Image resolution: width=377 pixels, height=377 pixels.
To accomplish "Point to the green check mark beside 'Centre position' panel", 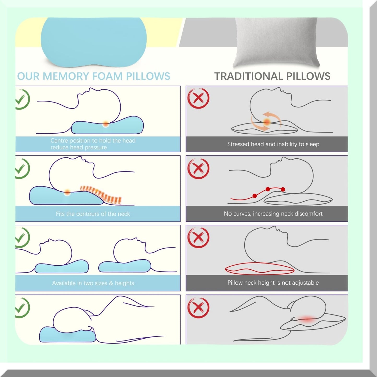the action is click(x=22, y=99).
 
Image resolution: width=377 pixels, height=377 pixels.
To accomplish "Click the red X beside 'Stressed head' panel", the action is click(x=198, y=98).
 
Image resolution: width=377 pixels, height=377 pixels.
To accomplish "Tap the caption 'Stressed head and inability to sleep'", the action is click(x=273, y=144).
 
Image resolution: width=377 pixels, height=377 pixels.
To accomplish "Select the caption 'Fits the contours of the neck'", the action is click(x=93, y=214).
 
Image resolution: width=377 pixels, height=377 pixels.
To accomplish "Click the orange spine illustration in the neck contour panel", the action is click(x=101, y=194).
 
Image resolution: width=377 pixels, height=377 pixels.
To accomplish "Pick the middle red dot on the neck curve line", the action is click(x=268, y=189).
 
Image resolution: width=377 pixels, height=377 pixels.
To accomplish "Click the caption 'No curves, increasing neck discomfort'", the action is click(x=273, y=213).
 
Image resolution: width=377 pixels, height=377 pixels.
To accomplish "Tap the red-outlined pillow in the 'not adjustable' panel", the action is click(x=260, y=268).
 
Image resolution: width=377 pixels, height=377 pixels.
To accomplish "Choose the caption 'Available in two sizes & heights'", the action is click(x=93, y=283).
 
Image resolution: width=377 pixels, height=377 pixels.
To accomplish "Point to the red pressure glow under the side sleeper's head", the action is click(x=307, y=320).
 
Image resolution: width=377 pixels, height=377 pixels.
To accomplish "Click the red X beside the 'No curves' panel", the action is click(x=198, y=169).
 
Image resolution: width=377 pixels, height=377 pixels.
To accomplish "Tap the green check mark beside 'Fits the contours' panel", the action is click(x=22, y=169).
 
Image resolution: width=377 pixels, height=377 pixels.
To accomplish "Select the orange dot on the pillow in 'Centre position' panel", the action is click(x=106, y=124).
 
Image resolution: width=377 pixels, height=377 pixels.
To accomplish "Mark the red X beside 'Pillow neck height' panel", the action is click(x=198, y=237).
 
